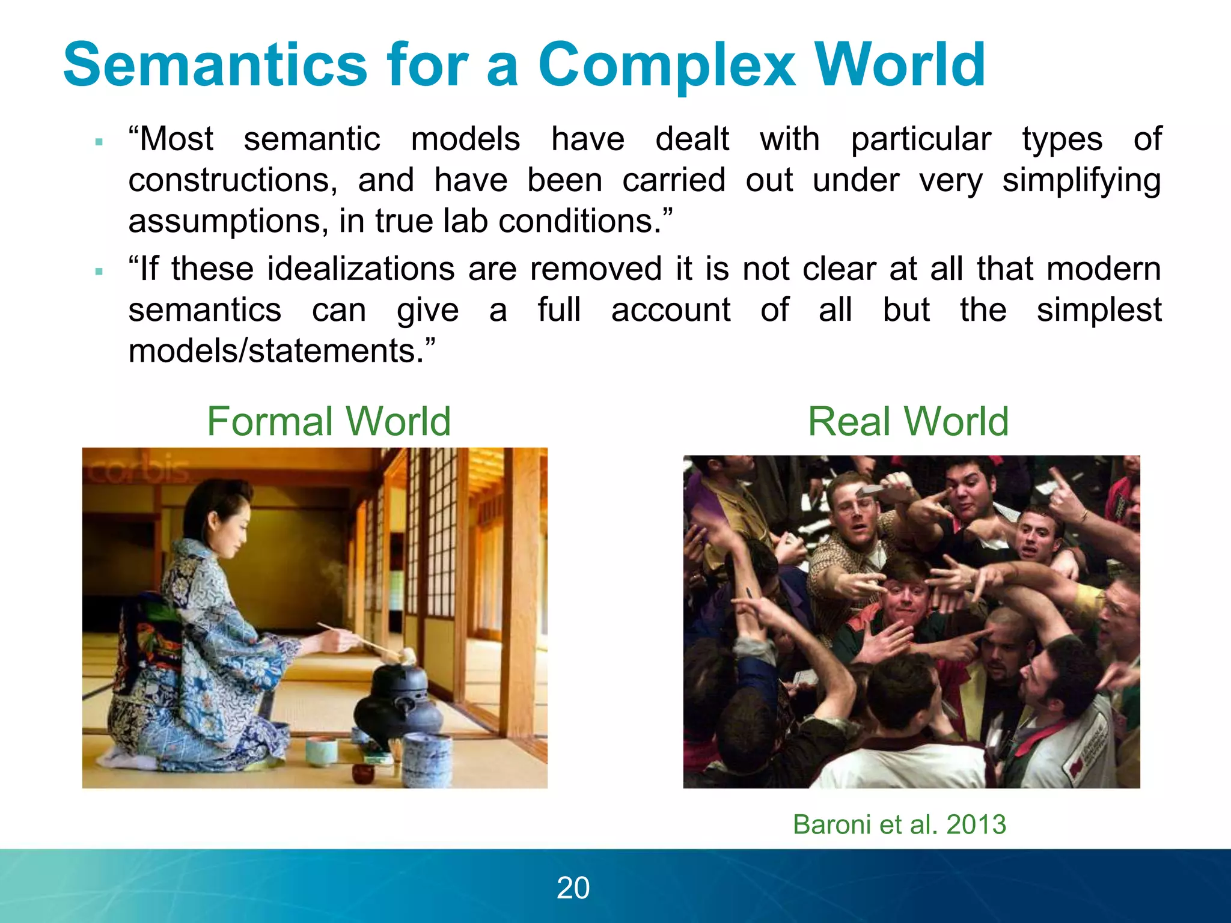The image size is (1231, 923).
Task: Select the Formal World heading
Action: point(328,421)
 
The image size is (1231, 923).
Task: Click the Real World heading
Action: point(908,421)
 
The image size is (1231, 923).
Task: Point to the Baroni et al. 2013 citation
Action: point(899,824)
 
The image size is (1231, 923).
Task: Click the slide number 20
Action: point(573,888)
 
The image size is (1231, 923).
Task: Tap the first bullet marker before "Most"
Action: point(99,142)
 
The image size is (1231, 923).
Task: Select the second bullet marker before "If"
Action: point(99,272)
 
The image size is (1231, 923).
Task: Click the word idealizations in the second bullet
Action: point(361,269)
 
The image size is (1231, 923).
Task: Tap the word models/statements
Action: point(281,351)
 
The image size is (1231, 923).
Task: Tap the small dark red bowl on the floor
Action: point(362,772)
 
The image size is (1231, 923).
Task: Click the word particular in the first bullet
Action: point(921,139)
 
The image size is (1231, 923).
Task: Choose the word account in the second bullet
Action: point(671,310)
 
